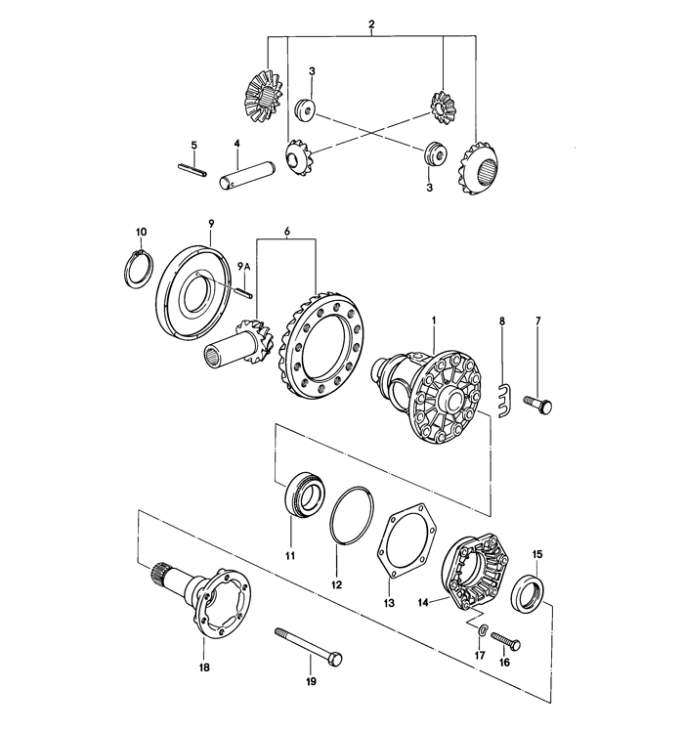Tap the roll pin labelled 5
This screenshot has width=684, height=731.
[192, 170]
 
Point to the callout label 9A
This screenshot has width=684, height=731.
[243, 265]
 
